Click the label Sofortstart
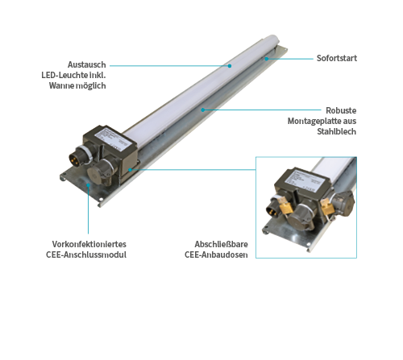[x=337, y=58]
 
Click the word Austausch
[x=87, y=64]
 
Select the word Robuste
[x=341, y=110]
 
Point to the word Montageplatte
[x=310, y=121]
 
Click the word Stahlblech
[x=336, y=131]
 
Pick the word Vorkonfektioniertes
[x=89, y=244]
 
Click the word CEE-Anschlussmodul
[x=86, y=254]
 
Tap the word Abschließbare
[x=221, y=244]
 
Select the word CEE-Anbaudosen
[x=216, y=254]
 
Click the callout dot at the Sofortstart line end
[x=267, y=59]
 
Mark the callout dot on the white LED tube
[x=230, y=66]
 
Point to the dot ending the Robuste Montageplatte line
[x=203, y=110]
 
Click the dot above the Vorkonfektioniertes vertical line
[x=88, y=184]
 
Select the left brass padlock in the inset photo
[x=285, y=208]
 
